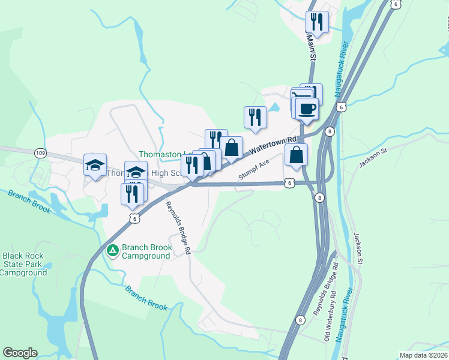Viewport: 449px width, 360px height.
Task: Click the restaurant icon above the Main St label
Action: click(x=316, y=22)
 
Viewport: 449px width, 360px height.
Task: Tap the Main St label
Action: click(x=311, y=46)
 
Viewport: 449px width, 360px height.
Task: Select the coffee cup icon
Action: click(x=307, y=109)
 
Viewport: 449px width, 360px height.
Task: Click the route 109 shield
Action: click(x=40, y=152)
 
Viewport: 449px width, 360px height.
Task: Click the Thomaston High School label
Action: click(x=144, y=173)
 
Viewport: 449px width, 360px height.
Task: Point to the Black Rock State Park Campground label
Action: click(x=23, y=264)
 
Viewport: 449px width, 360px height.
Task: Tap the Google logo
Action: click(x=20, y=353)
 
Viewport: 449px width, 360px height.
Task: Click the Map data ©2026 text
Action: click(x=424, y=355)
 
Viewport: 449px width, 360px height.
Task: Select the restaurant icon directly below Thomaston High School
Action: click(x=132, y=193)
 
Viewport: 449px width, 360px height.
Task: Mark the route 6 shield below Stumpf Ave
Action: click(x=289, y=183)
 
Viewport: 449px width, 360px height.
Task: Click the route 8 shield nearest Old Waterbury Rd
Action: click(x=299, y=320)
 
